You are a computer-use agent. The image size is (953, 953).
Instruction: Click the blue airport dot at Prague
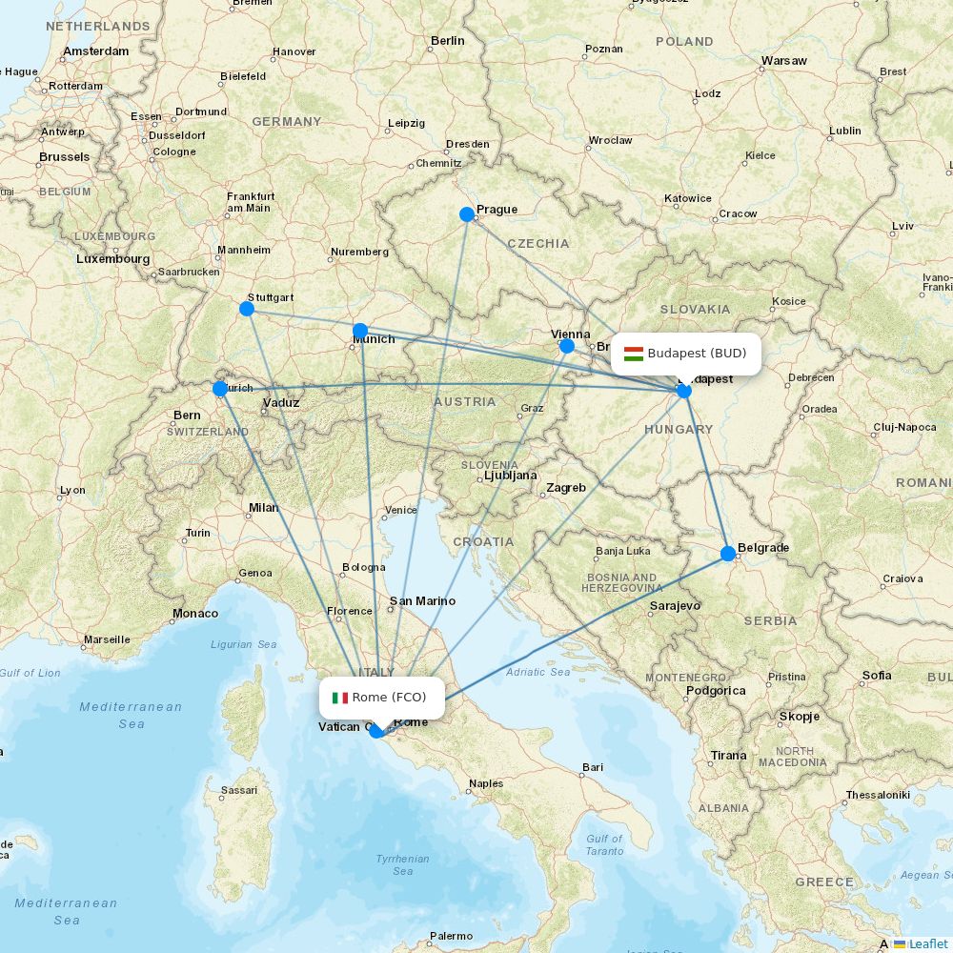pyautogui.click(x=467, y=214)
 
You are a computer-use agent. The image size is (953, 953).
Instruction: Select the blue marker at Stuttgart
pyautogui.click(x=247, y=308)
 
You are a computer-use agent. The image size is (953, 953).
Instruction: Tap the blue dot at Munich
pyautogui.click(x=360, y=331)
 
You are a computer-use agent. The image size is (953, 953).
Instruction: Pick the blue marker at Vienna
pyautogui.click(x=567, y=345)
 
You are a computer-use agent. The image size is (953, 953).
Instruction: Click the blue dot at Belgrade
pyautogui.click(x=728, y=553)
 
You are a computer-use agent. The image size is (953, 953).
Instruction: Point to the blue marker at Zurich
pyautogui.click(x=220, y=388)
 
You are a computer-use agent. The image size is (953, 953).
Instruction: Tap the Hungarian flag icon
pyautogui.click(x=633, y=354)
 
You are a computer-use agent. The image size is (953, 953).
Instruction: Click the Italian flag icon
pyautogui.click(x=339, y=698)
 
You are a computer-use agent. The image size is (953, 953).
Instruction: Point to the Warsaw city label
pyautogui.click(x=783, y=61)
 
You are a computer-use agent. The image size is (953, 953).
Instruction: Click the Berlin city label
pyautogui.click(x=447, y=41)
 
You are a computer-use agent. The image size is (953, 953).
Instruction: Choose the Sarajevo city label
pyautogui.click(x=675, y=605)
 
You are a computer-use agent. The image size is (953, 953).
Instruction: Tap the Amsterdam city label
pyautogui.click(x=96, y=51)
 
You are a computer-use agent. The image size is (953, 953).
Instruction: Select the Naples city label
pyautogui.click(x=486, y=783)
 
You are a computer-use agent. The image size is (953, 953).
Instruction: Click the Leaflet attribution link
pyautogui.click(x=927, y=943)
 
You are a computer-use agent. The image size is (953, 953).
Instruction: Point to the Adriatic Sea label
pyautogui.click(x=538, y=672)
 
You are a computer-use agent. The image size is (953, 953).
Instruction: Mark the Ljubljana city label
pyautogui.click(x=511, y=475)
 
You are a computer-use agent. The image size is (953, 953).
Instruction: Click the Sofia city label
pyautogui.click(x=877, y=675)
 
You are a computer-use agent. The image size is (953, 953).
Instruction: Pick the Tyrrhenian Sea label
pyautogui.click(x=402, y=864)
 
